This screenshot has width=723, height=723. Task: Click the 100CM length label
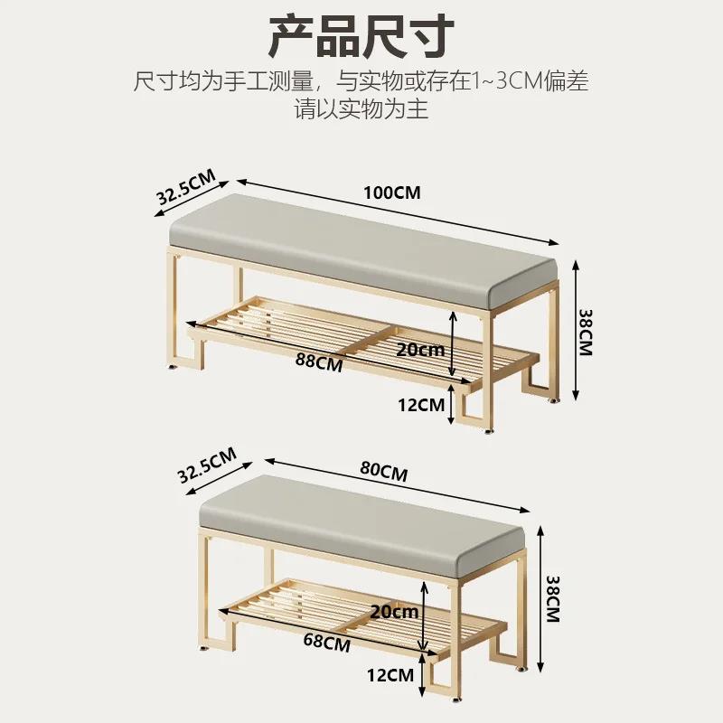pyautogui.click(x=392, y=192)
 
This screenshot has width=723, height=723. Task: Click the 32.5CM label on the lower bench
pyautogui.click(x=205, y=465)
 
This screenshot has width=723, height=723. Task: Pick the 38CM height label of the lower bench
pyautogui.click(x=555, y=599)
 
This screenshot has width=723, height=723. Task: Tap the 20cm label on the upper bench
pyautogui.click(x=419, y=348)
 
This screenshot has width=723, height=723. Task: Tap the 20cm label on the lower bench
pyautogui.click(x=394, y=611)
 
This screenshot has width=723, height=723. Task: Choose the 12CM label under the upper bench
pyautogui.click(x=420, y=405)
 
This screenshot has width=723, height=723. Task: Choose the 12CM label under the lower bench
pyautogui.click(x=390, y=673)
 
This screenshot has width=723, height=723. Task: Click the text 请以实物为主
pyautogui.click(x=361, y=110)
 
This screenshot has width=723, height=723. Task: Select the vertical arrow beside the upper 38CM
pyautogui.click(x=572, y=330)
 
